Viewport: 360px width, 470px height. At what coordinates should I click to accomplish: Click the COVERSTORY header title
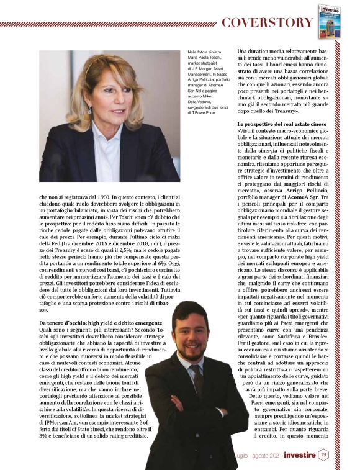pyautogui.click(x=267, y=23)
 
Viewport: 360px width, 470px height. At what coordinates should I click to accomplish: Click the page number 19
pyautogui.click(x=323, y=456)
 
